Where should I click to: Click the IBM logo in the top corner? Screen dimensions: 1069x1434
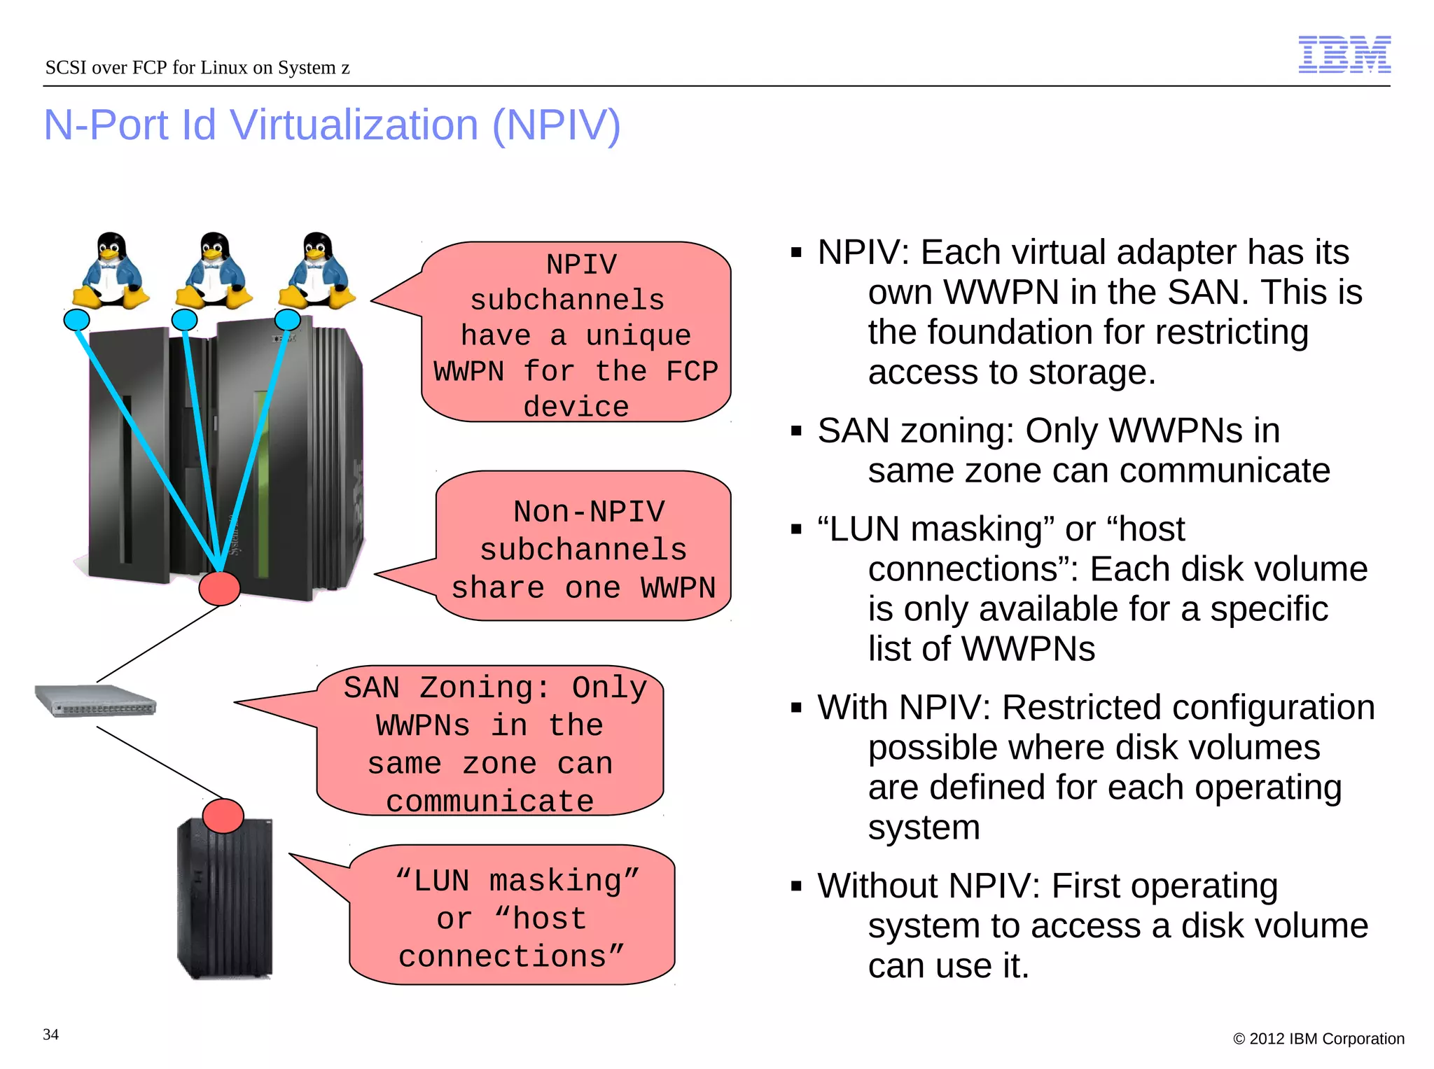pyautogui.click(x=1344, y=55)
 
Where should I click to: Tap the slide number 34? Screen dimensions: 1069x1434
pyautogui.click(x=50, y=1034)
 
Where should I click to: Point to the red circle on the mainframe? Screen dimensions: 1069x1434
pyautogui.click(x=219, y=588)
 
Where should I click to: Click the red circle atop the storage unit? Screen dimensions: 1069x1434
pyautogui.click(x=223, y=816)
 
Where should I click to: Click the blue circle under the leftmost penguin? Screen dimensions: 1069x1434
pyautogui.click(x=76, y=320)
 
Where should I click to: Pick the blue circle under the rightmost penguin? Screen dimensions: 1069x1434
pyautogui.click(x=287, y=320)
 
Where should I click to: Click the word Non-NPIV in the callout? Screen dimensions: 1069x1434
pyautogui.click(x=589, y=512)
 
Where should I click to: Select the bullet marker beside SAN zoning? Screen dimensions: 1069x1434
pyautogui.click(x=795, y=431)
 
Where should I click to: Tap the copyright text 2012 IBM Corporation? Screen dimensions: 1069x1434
pyautogui.click(x=1319, y=1039)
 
